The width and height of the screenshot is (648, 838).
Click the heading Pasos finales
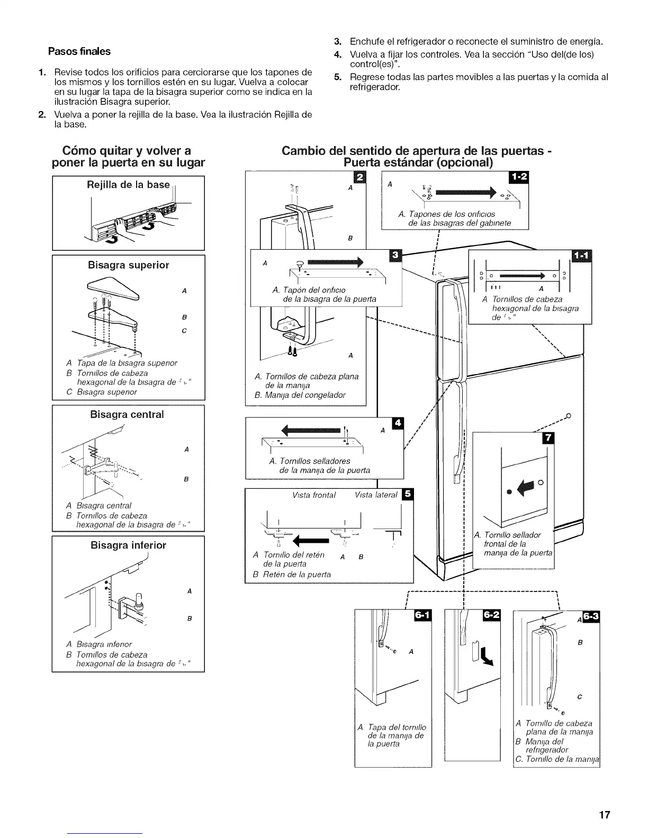(79, 51)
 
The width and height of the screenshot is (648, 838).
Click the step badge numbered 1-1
(583, 256)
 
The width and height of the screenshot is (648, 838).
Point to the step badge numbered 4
(397, 423)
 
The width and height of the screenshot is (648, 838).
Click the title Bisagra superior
(129, 265)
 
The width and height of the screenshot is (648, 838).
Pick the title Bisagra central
(127, 414)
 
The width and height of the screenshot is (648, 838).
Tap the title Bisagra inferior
(128, 545)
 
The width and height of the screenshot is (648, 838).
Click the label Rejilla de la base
(128, 185)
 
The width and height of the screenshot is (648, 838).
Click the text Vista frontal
(314, 495)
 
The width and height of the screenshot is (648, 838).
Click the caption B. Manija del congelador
(300, 395)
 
